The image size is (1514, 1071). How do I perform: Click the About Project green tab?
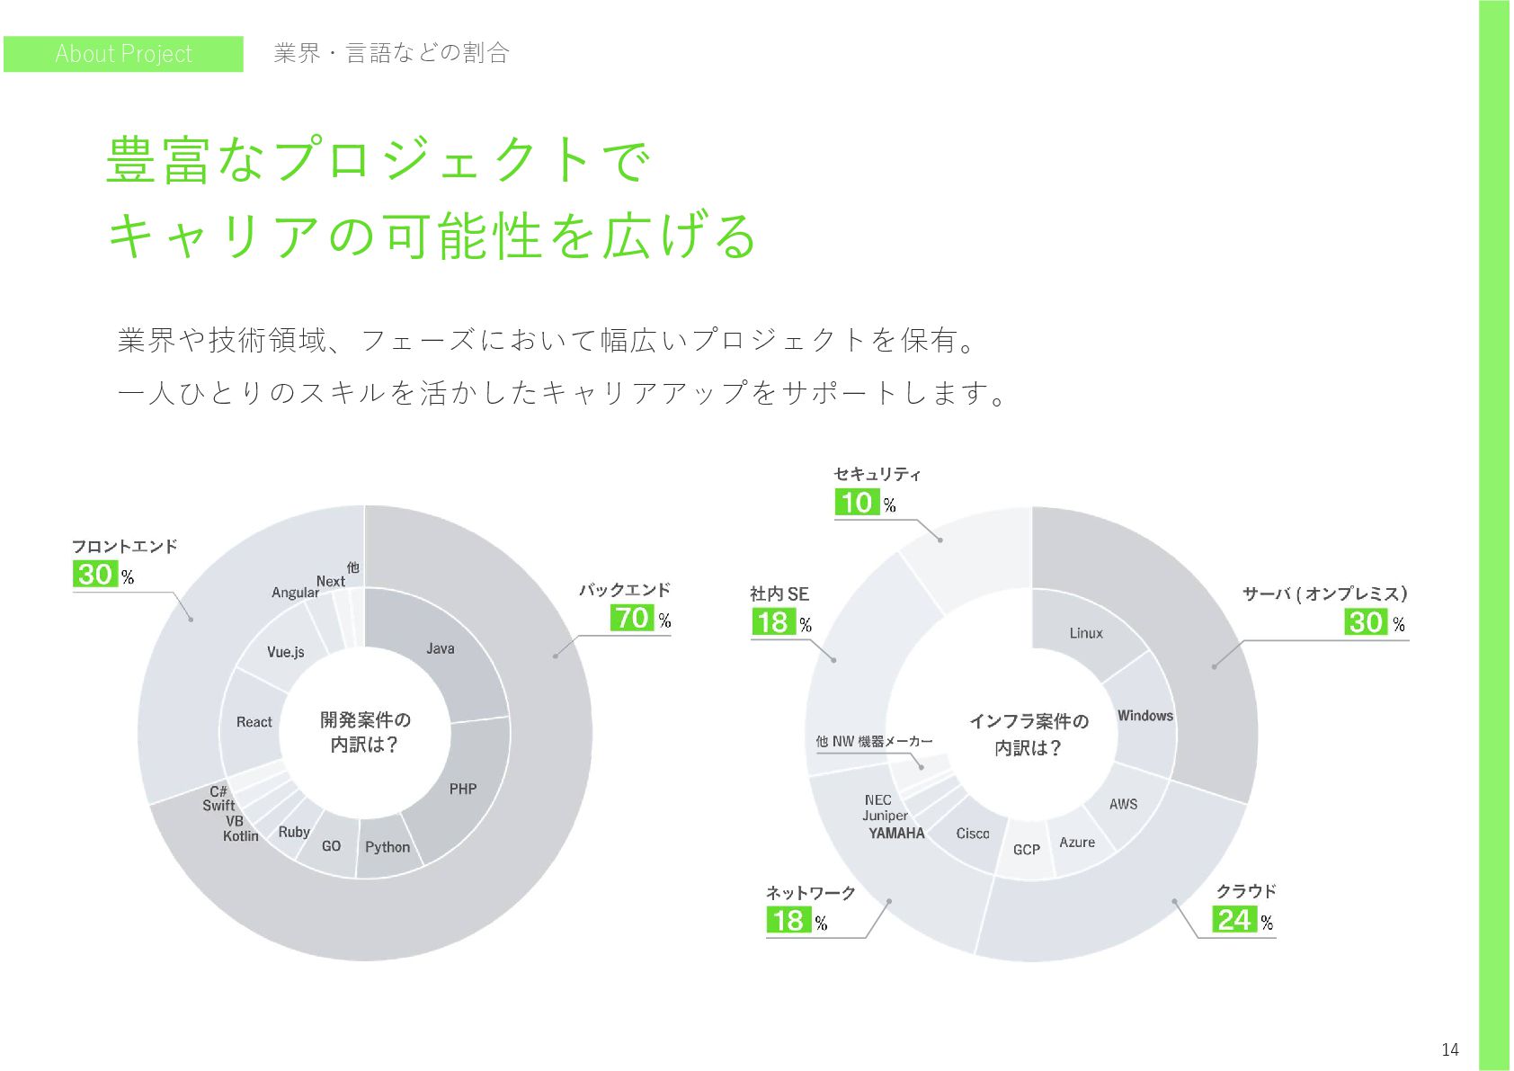point(123,54)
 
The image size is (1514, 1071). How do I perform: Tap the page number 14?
point(1449,1049)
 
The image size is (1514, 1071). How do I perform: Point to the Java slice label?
point(440,648)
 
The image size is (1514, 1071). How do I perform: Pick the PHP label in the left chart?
point(463,789)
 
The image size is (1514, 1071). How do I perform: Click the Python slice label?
point(387,847)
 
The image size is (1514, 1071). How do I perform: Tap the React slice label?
point(254,722)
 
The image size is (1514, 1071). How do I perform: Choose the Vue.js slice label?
point(285,652)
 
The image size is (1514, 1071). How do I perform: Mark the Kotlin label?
point(241,836)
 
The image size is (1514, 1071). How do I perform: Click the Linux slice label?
point(1086,633)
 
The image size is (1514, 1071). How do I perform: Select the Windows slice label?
point(1144,716)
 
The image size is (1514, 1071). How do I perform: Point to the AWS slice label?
point(1123,804)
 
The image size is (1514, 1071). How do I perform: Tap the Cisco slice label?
point(973,834)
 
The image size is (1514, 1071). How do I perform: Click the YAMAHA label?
point(896,834)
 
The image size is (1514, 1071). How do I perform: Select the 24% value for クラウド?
point(1234,919)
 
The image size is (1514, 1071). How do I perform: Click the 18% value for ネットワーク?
point(788,920)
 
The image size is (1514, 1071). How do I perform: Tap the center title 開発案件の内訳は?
point(365,732)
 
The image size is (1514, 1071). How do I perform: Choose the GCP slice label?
point(1027,850)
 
